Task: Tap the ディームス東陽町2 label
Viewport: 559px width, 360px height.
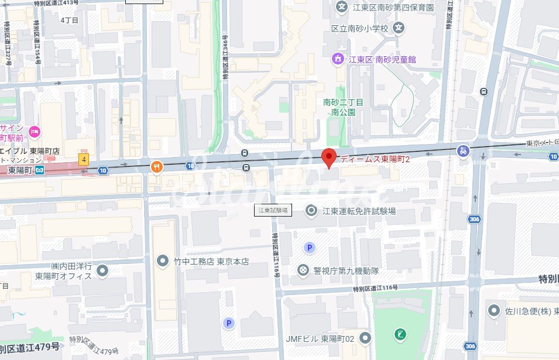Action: pos(375,159)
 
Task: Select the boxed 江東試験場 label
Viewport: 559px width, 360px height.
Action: pos(273,210)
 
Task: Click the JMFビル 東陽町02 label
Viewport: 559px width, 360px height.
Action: pos(321,338)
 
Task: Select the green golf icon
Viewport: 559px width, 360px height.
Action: pos(402,335)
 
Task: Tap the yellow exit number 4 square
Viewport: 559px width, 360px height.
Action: pos(84,159)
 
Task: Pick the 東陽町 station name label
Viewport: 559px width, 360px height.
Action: pos(20,170)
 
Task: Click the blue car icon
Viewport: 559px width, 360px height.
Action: pos(463,151)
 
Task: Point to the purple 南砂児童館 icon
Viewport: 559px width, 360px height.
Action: pos(338,59)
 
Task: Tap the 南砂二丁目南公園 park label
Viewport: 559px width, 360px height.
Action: pos(343,107)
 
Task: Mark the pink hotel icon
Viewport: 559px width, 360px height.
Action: pos(34,131)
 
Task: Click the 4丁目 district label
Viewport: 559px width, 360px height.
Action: pos(70,20)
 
